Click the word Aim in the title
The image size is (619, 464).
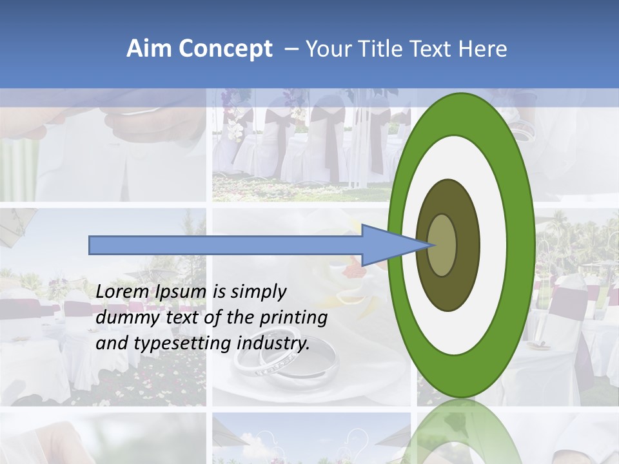[x=149, y=50]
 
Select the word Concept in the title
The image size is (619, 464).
[x=225, y=50]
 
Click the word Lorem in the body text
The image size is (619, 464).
[x=123, y=292]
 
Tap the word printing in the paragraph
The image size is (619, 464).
[x=293, y=318]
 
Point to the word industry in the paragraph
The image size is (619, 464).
[x=273, y=343]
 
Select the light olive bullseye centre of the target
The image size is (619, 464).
[x=442, y=245]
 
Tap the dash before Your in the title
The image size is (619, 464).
[x=291, y=50]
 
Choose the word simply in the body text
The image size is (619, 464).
[x=259, y=292]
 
